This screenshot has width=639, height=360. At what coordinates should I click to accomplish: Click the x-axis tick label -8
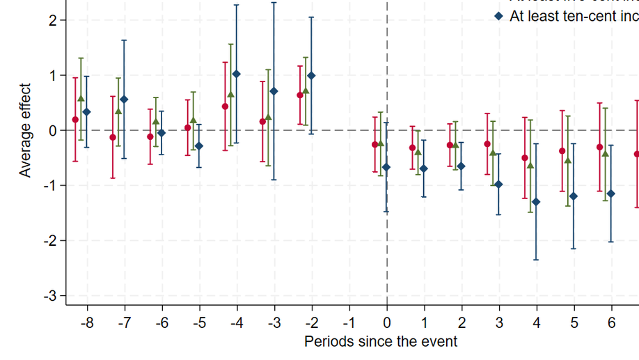point(87,323)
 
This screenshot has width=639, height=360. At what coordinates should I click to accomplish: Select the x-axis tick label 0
point(387,323)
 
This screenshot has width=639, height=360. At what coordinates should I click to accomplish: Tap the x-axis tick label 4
point(537,323)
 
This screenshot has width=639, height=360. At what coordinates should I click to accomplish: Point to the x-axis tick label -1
point(349,323)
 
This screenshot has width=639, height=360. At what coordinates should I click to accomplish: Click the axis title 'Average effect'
point(26,130)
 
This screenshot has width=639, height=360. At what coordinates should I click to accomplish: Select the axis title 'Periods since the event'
point(381,342)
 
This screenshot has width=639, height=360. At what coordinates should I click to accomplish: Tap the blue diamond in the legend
point(498,16)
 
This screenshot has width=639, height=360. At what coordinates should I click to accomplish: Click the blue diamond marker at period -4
point(237,74)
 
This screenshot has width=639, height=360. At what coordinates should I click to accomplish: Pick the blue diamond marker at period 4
point(536,202)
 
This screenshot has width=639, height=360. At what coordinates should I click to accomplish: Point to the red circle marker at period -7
point(113,137)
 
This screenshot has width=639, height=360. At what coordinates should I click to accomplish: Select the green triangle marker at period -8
point(81,99)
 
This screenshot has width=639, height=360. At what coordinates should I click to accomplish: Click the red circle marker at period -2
point(300,95)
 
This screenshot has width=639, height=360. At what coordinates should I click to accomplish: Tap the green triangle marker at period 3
point(493,152)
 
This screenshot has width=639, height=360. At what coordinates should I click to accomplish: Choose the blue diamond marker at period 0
point(386,167)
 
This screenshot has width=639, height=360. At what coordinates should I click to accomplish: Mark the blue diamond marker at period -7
point(125,100)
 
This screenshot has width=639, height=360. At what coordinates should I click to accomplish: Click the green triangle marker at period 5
point(568,160)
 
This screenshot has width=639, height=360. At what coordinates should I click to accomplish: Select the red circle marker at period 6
point(599,147)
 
